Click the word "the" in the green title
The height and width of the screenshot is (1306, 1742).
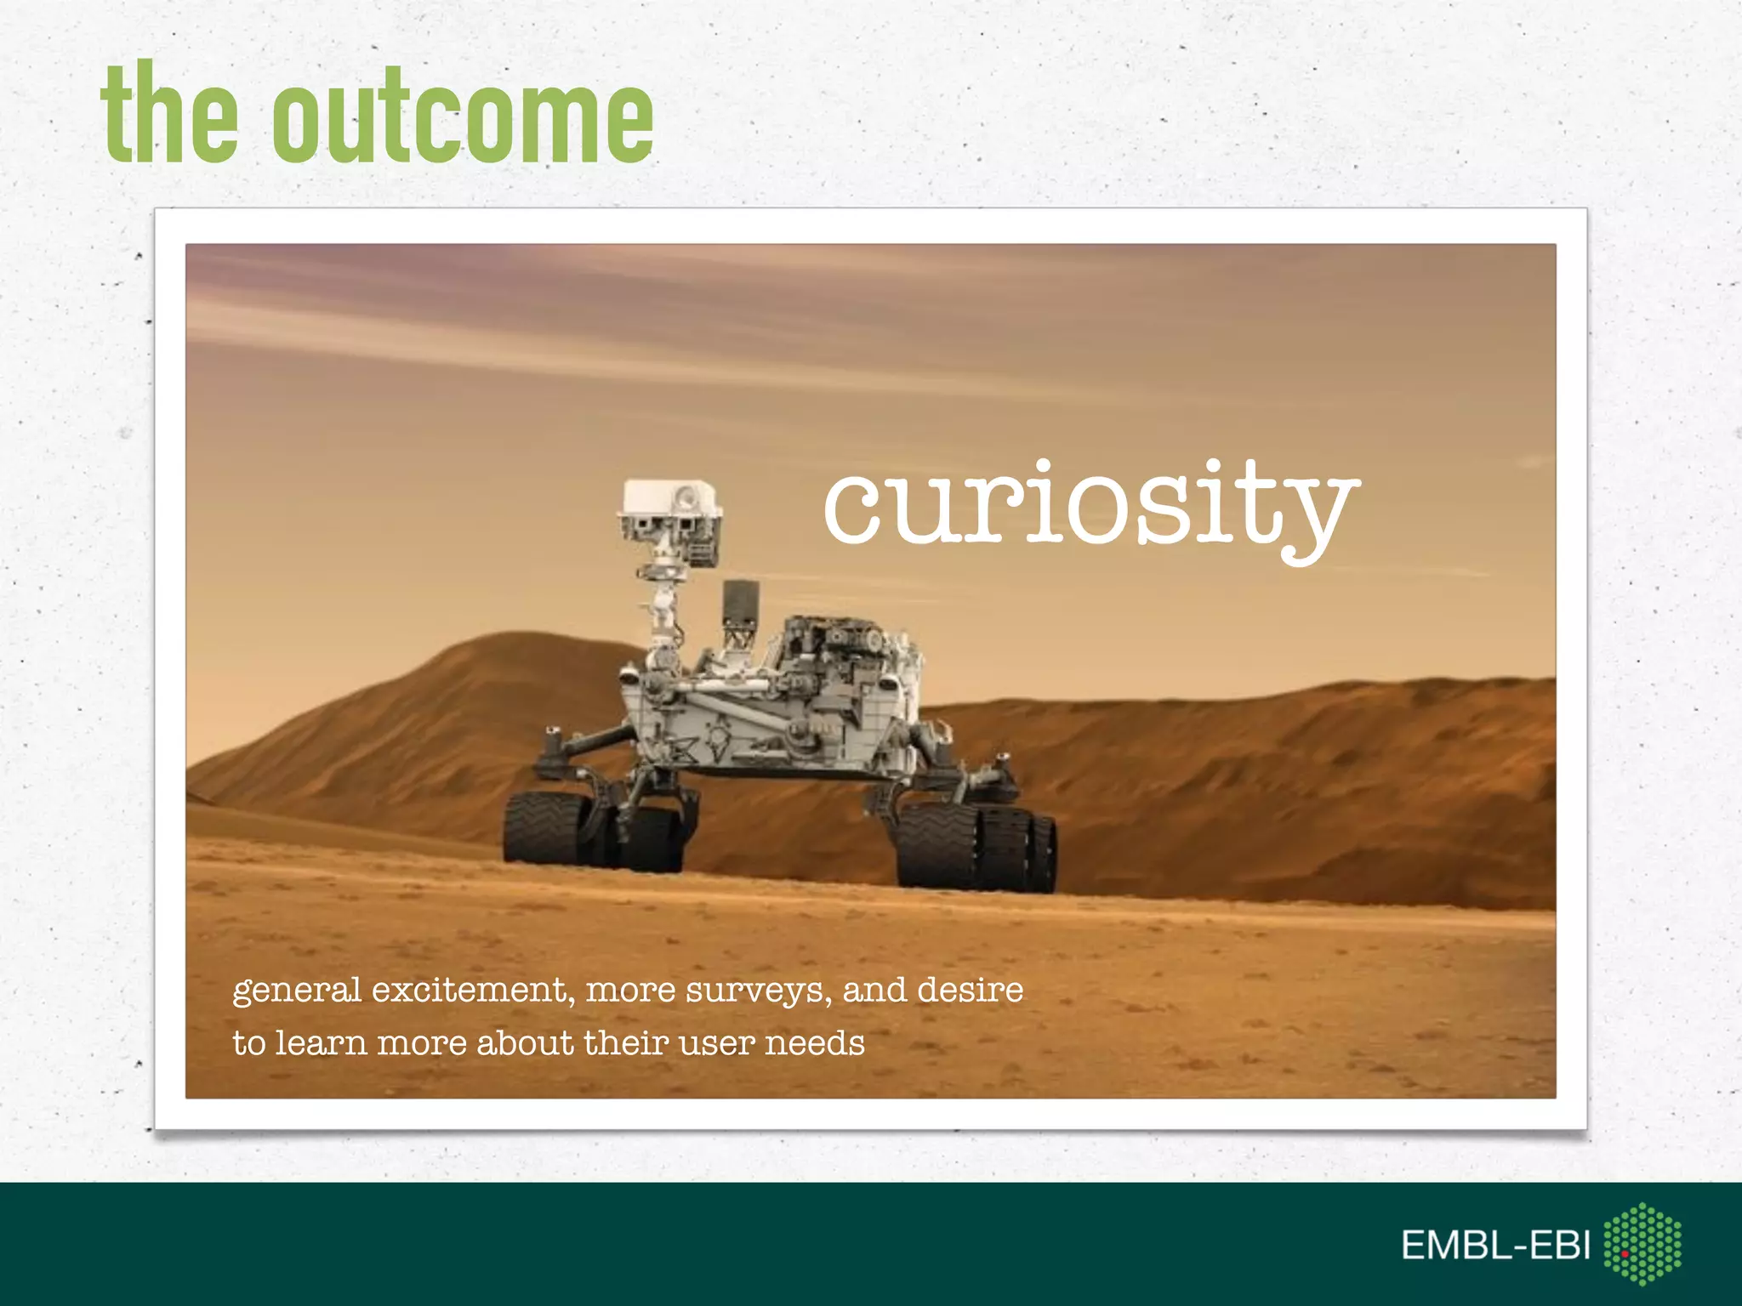click(x=168, y=115)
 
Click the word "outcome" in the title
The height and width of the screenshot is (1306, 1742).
click(x=462, y=119)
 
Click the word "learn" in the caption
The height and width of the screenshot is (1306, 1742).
click(x=320, y=1043)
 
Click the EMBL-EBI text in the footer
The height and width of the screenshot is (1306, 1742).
click(x=1494, y=1246)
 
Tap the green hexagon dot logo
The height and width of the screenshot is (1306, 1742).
click(x=1642, y=1243)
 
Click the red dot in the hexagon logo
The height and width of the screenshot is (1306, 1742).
click(x=1624, y=1254)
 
